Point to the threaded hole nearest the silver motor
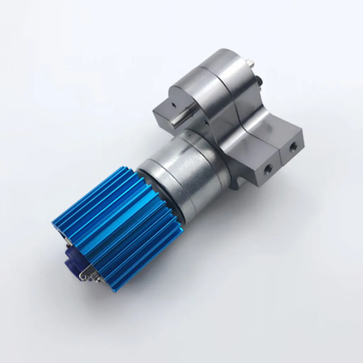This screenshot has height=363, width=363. coord(268,169)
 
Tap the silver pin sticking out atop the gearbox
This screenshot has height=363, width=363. coord(251,64)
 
